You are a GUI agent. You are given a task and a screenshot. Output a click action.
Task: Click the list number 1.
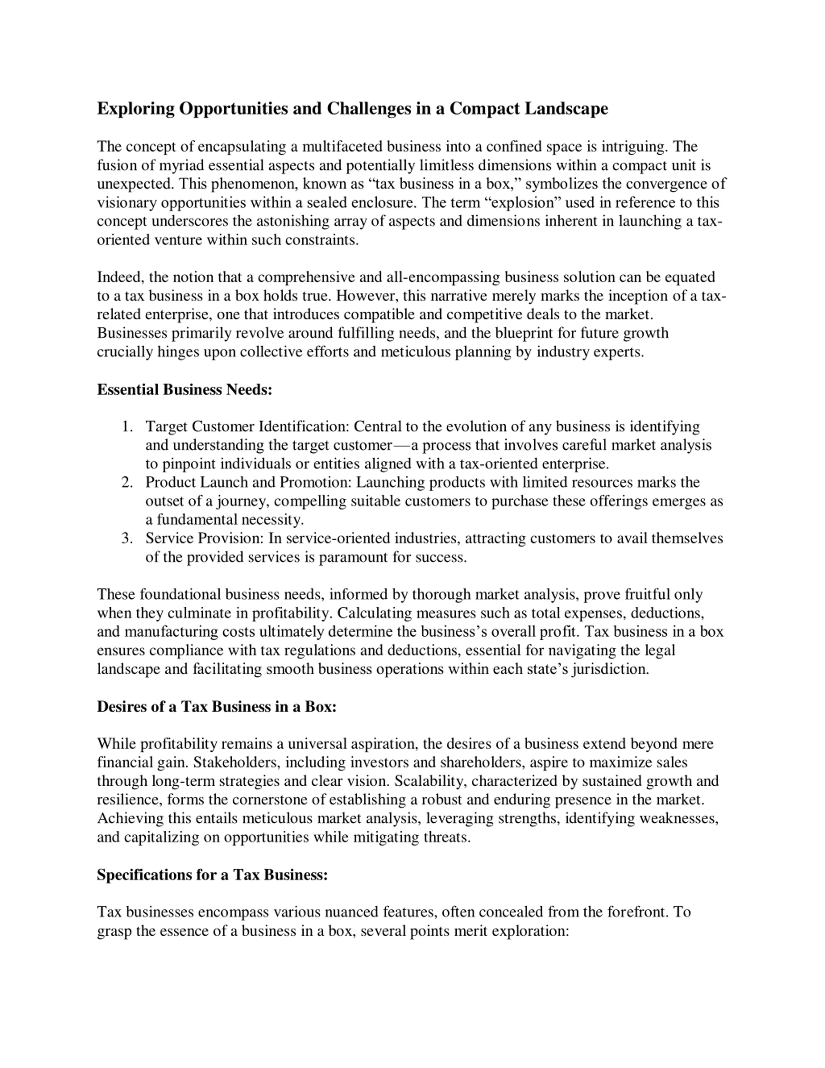click(x=127, y=426)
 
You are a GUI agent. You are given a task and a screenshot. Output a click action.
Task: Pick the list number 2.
click(x=127, y=482)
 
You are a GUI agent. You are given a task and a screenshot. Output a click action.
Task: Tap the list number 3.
click(x=127, y=538)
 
